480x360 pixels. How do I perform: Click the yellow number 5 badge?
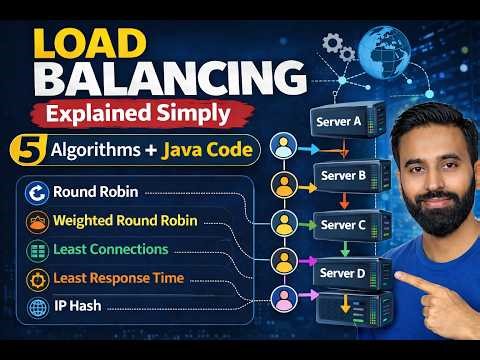tap(22, 149)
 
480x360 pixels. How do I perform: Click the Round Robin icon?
tap(36, 192)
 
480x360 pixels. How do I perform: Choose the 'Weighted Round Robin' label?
tap(126, 219)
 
